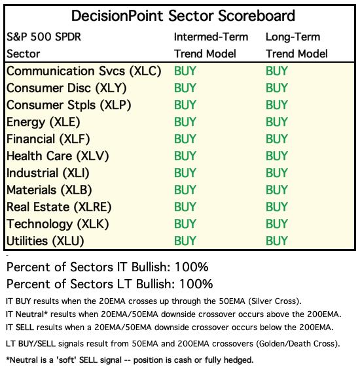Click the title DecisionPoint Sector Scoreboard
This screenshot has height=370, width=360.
183,16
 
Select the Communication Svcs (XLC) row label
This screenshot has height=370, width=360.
84,71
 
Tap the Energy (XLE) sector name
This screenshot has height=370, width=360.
43,122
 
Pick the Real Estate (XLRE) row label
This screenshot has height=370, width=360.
59,207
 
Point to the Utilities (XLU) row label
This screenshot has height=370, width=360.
45,241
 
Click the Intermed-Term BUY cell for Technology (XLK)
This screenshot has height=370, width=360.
185,224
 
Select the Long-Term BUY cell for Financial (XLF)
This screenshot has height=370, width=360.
277,139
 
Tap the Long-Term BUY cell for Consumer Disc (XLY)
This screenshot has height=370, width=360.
277,88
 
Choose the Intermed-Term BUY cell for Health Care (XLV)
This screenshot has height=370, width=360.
185,156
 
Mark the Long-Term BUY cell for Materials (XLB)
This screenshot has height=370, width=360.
277,190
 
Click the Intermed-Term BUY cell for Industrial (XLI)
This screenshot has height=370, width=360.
185,173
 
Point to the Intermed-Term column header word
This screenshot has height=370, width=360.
211,37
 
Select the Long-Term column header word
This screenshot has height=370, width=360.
293,37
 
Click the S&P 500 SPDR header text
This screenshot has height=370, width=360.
44,37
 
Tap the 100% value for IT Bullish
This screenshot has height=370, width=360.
192,267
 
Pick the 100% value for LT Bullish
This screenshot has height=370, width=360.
196,284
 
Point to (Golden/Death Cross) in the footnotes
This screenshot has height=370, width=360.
298,344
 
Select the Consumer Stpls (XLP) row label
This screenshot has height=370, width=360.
69,105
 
